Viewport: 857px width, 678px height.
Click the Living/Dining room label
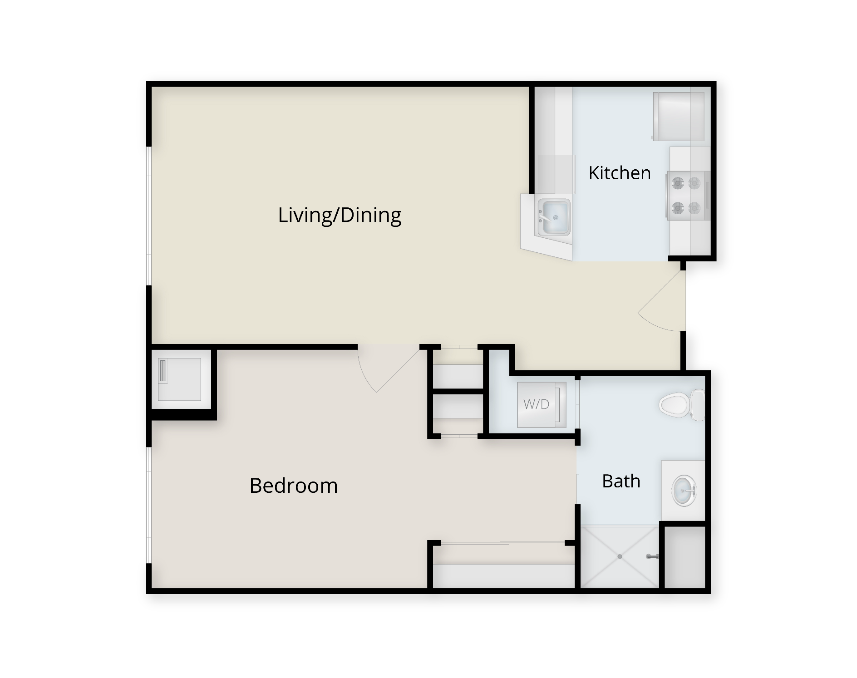coord(340,216)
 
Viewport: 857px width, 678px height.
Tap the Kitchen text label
coord(620,173)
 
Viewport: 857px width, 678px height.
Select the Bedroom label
coord(294,486)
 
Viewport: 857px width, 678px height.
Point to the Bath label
coord(621,481)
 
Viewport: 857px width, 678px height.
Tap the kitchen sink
coord(553,217)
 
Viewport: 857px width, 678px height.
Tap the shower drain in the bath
coord(620,556)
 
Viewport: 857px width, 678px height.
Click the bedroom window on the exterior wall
coord(148,506)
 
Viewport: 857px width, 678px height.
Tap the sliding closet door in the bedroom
coord(502,543)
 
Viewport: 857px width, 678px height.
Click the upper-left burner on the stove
coord(678,183)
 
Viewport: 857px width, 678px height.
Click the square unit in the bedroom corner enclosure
coord(179,379)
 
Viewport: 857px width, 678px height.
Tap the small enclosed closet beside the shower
coord(685,557)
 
